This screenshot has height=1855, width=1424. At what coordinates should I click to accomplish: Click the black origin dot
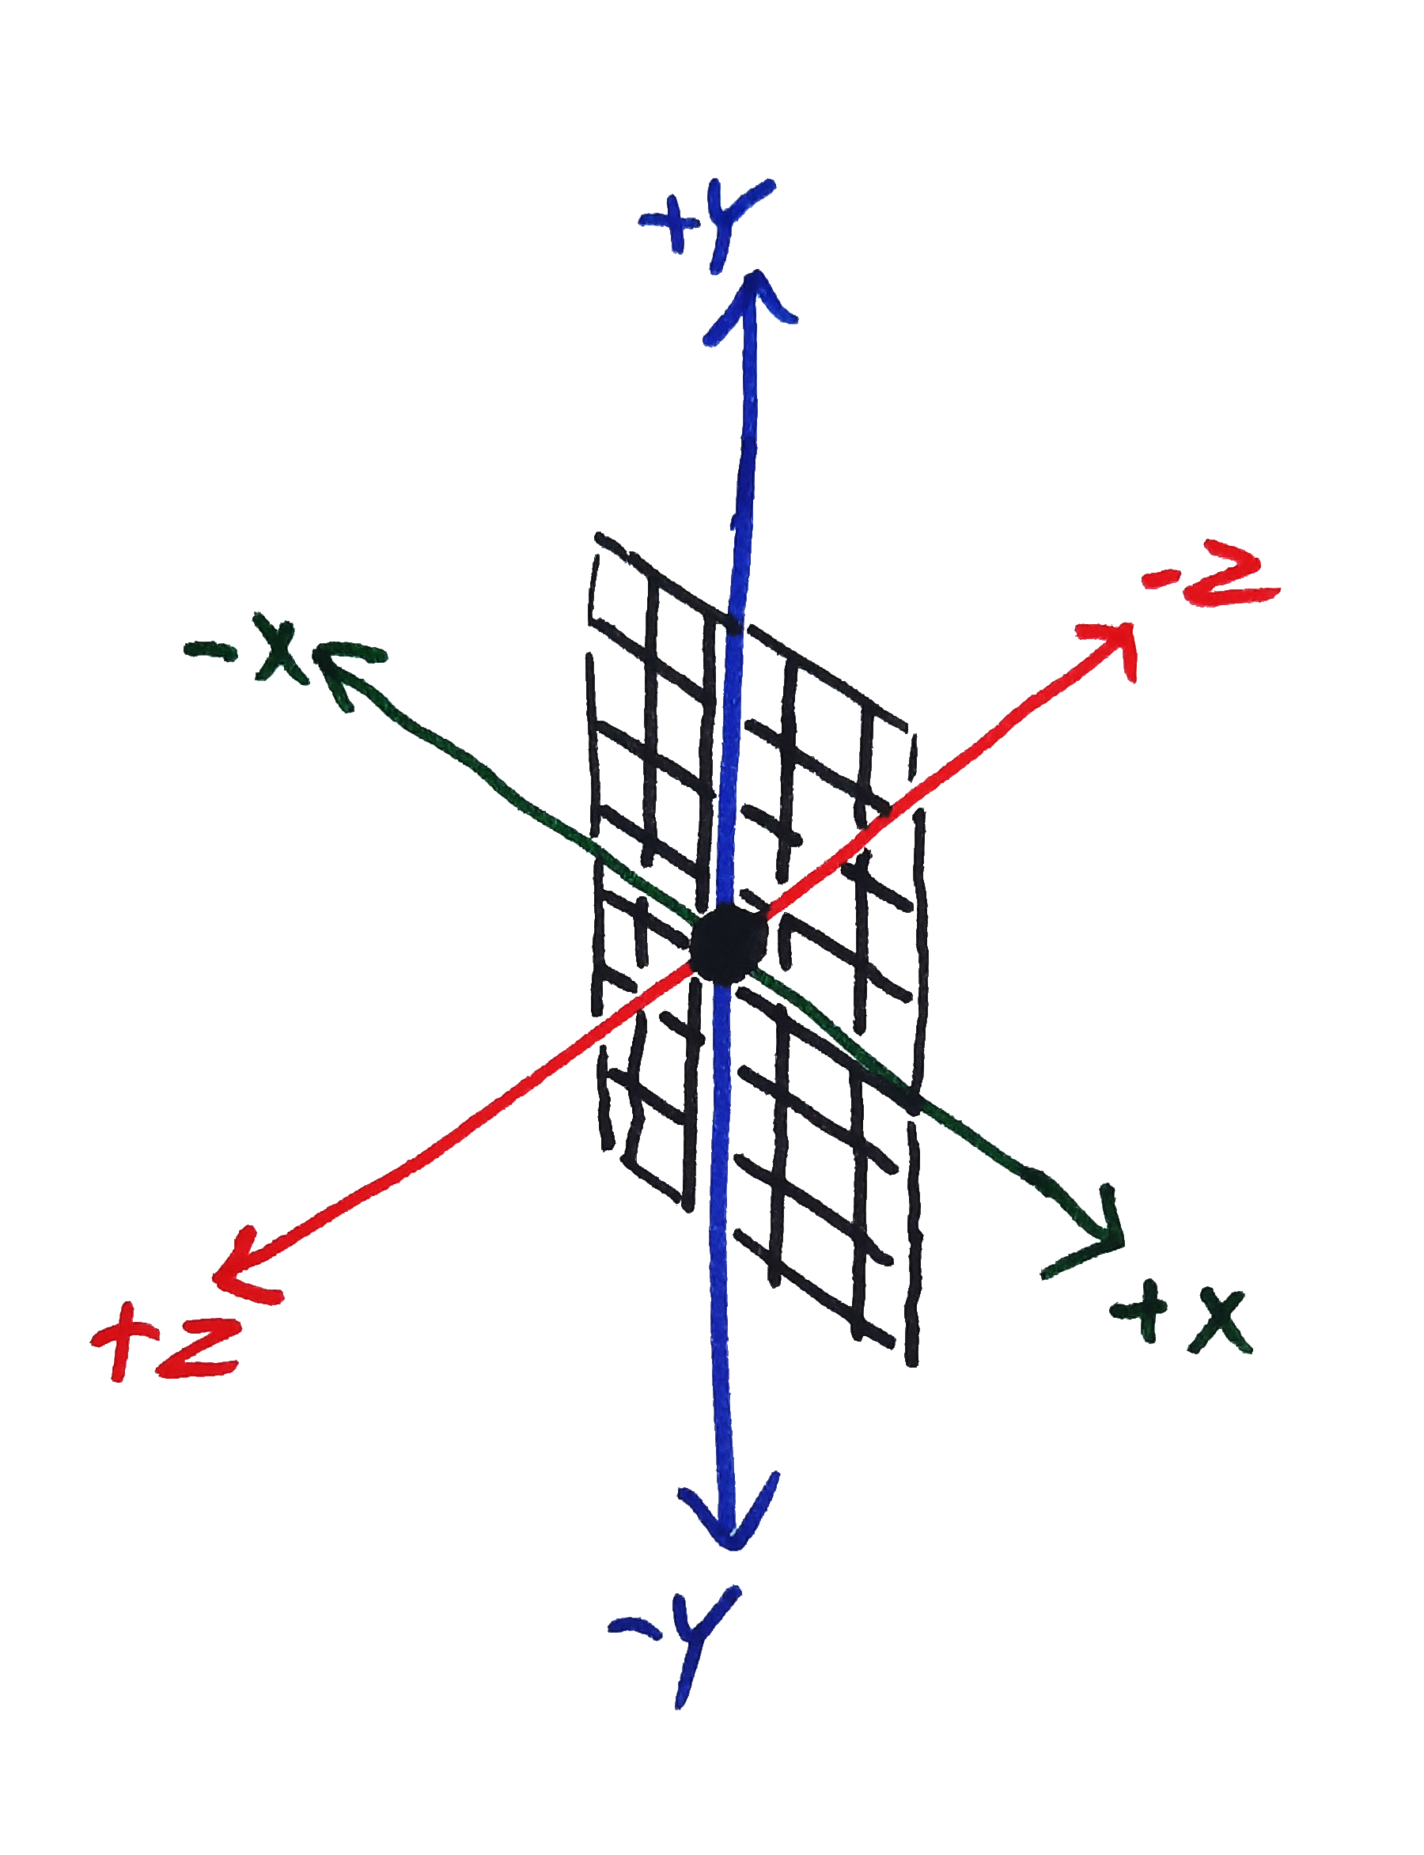tap(728, 943)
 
